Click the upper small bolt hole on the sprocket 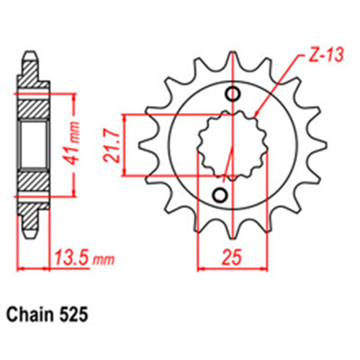232,94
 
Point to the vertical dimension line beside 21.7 126,144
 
